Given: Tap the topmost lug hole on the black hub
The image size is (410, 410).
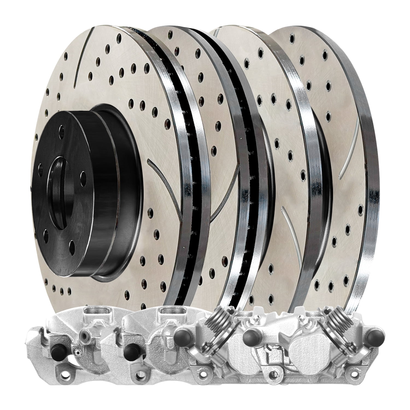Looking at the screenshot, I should pos(63,127).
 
